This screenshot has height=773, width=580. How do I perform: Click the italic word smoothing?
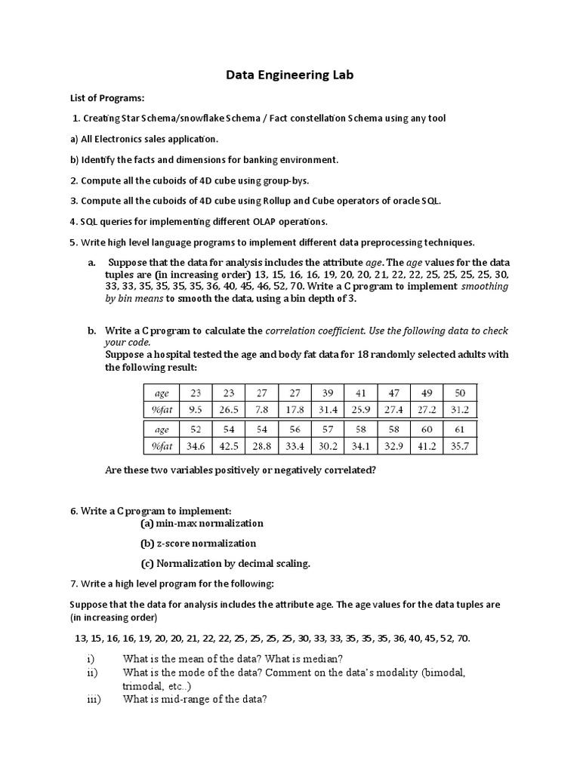pos(484,286)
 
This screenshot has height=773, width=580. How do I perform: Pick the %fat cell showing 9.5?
pos(196,409)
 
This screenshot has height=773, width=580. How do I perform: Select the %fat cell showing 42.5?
pos(229,445)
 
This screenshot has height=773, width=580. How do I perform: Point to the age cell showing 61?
pos(459,428)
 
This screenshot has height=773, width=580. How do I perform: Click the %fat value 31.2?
pos(459,409)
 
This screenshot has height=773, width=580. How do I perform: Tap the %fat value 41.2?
pos(427,445)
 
